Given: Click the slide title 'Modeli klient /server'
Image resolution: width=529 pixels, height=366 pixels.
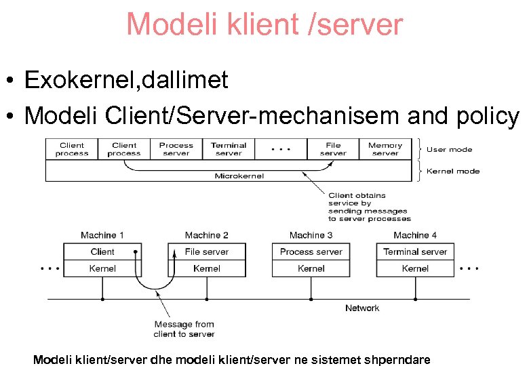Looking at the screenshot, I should [264, 24].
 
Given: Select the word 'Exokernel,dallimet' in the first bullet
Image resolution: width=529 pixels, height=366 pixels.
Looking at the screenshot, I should [126, 81].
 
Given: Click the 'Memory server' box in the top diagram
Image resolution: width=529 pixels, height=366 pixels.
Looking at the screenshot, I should [385, 149].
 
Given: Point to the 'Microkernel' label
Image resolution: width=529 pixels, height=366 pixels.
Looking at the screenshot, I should [239, 176].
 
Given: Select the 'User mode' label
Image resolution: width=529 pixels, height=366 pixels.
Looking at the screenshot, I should [449, 149].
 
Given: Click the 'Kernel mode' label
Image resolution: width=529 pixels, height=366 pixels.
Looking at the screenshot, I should [453, 171].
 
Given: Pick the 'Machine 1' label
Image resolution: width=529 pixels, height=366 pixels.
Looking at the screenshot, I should [102, 235].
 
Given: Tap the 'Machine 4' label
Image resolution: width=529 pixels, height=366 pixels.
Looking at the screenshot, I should [415, 235].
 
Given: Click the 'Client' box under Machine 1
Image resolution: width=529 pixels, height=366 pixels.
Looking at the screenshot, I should [102, 251].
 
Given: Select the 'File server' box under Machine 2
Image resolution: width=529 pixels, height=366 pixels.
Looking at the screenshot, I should [206, 251].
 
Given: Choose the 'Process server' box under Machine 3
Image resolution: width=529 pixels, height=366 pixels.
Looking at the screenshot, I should [311, 251].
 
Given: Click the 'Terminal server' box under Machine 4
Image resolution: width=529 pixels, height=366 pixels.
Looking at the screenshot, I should [415, 251].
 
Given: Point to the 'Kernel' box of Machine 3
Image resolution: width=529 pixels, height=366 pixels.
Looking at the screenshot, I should [311, 268].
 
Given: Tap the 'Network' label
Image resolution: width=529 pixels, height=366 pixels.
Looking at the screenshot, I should [362, 308].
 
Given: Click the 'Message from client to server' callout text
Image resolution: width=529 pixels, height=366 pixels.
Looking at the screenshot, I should [184, 329].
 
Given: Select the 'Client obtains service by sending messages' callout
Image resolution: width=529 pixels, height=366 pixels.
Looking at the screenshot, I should [369, 207].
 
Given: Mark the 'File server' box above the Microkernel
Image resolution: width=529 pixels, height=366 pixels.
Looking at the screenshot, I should [332, 149].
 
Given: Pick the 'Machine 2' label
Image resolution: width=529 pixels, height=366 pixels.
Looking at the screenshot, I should [206, 235].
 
